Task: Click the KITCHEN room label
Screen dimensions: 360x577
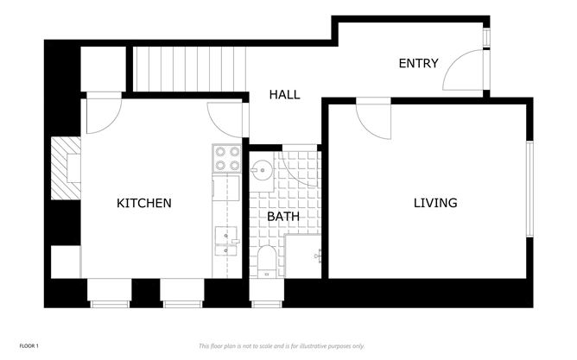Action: coord(144,204)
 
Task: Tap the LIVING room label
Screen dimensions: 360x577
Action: coord(434,204)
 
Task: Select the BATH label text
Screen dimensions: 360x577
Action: coord(282,217)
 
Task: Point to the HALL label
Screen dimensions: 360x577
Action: coord(284,95)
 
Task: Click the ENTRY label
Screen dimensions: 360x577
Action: coord(418,63)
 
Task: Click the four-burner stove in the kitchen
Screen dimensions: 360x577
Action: coord(226,159)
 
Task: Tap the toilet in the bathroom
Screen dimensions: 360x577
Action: coord(267,260)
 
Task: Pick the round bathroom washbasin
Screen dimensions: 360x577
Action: coord(261,169)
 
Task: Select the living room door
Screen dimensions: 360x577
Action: coord(373,119)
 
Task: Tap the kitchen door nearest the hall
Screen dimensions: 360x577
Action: coord(227,118)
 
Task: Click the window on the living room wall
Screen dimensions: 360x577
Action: coord(529,191)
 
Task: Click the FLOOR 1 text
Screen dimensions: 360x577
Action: coord(29,345)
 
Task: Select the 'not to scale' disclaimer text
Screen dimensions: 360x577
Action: coord(282,345)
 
